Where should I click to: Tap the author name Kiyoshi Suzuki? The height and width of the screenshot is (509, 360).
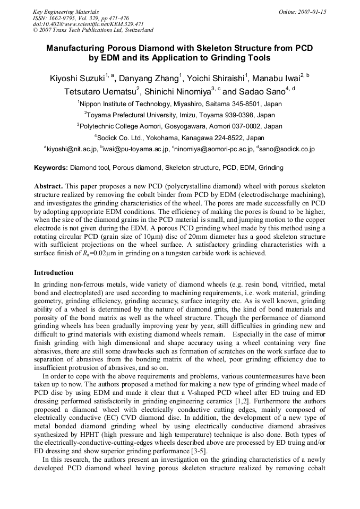point(77,79)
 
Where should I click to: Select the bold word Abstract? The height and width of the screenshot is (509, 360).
point(48,187)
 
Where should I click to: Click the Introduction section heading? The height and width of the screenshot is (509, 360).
point(54,273)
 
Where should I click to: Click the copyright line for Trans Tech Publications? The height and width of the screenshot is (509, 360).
point(93,31)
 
